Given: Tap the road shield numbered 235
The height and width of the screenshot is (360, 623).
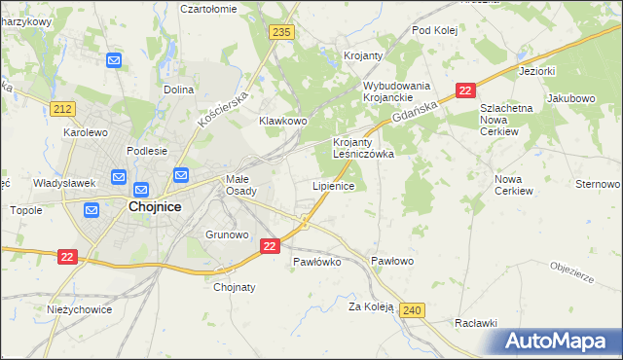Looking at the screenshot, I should [x=282, y=32].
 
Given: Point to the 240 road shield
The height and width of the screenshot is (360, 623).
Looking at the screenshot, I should [x=411, y=309].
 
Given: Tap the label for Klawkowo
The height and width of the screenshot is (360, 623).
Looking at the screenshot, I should [x=282, y=121].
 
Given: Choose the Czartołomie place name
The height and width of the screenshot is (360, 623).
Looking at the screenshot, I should [x=209, y=8].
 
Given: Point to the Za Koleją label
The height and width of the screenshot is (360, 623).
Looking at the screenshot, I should [x=370, y=306].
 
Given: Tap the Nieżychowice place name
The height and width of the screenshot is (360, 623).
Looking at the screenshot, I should [x=80, y=309].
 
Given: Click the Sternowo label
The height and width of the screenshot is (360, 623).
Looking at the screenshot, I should [x=598, y=184].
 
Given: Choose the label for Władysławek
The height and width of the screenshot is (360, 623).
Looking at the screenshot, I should [x=63, y=182].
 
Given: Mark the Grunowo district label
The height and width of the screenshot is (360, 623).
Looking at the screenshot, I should [x=228, y=234].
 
